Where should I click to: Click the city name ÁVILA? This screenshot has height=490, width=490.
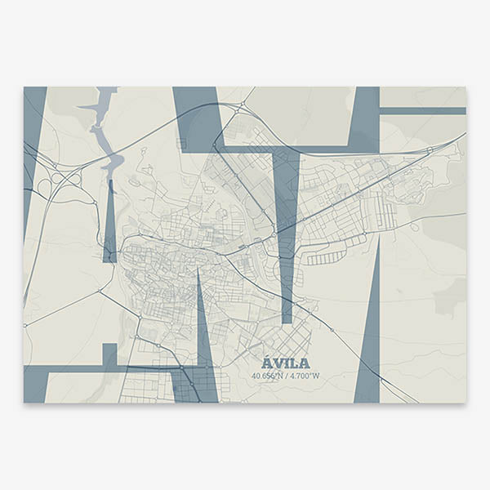[x=286, y=363]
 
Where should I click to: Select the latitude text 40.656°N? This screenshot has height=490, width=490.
[x=268, y=376]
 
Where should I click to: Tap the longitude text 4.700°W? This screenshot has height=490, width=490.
[x=305, y=376]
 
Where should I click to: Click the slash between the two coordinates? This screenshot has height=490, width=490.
[x=287, y=376]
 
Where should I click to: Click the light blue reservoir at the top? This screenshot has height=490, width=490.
[x=104, y=122]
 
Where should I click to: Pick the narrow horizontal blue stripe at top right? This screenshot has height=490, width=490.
[x=422, y=110]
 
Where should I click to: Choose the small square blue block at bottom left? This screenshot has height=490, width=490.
[x=109, y=354]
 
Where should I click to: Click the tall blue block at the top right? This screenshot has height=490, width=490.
[x=365, y=114]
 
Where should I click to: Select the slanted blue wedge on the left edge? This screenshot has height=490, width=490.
[x=33, y=139]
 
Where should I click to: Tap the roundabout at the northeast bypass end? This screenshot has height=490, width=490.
[x=430, y=149]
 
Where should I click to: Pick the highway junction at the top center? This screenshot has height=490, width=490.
[x=243, y=106]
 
